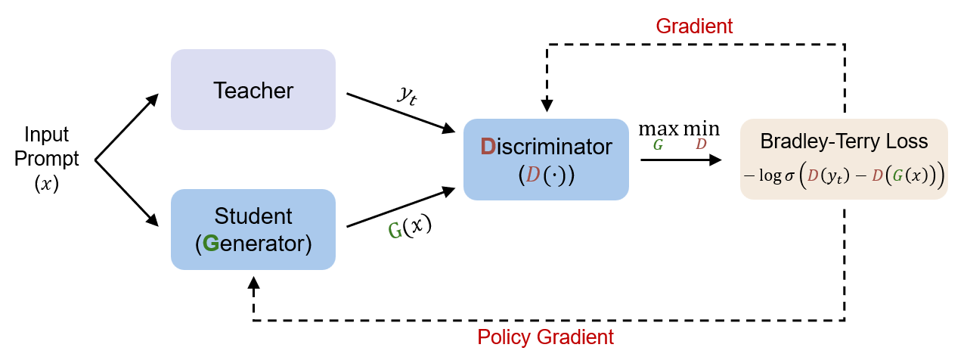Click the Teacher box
click(x=253, y=89)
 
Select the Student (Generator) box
click(x=253, y=229)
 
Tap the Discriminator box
click(x=546, y=159)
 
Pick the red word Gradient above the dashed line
click(x=694, y=26)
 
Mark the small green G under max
click(x=658, y=145)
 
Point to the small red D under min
click(x=701, y=145)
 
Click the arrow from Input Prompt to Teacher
click(x=127, y=126)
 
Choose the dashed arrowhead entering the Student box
click(x=253, y=281)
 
